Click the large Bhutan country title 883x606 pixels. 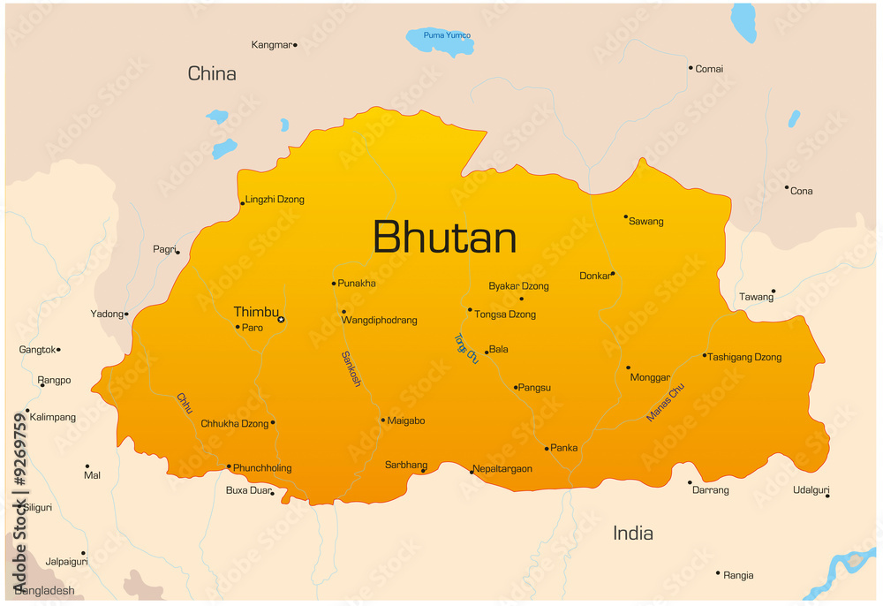(444, 238)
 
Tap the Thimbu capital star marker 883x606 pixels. (281, 320)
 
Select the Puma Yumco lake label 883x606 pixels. (447, 35)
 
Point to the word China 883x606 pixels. (212, 73)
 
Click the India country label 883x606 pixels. (633, 533)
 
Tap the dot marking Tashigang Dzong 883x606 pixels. (705, 356)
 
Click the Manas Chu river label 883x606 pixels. (665, 403)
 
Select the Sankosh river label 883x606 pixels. (351, 368)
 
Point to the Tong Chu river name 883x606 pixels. (465, 348)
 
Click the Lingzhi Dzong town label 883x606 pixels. (275, 200)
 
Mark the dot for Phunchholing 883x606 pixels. (229, 466)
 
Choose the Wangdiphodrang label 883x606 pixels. (380, 320)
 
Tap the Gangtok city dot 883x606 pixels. (58, 350)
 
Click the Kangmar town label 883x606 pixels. (271, 44)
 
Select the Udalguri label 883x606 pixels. (811, 489)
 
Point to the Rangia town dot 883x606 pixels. (719, 572)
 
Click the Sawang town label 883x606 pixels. (646, 221)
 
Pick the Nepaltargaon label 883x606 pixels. (502, 469)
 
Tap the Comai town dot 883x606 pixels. (691, 67)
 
